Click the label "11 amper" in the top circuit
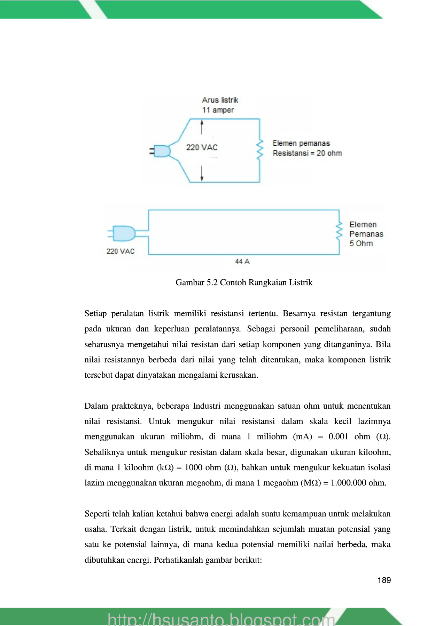point(218,110)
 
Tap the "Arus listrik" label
point(220,100)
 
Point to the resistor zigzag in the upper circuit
point(259,150)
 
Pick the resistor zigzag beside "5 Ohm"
point(339,231)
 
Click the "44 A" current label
point(242,262)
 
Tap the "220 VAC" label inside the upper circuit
point(202,147)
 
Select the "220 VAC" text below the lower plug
point(120,251)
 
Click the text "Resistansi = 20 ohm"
point(307,153)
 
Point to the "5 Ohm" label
point(361,243)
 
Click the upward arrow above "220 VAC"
point(202,127)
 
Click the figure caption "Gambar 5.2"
point(196,282)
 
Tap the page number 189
point(384,580)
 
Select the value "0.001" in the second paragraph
point(338,437)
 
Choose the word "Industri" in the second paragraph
point(207,406)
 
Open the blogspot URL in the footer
point(221,619)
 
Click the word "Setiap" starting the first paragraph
point(95,314)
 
